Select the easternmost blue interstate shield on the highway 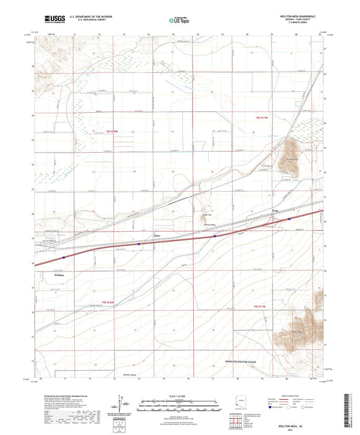[x=289, y=218]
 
